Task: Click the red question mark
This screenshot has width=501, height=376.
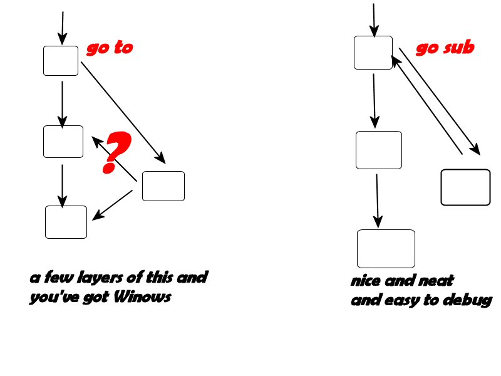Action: point(116,152)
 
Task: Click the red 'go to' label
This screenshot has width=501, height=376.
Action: point(110,48)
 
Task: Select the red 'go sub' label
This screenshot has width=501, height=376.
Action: point(445,48)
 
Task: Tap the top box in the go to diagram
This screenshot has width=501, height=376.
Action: point(61,61)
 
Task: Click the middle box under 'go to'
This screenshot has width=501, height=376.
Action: point(63,142)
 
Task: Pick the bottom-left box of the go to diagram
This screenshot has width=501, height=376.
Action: point(66,222)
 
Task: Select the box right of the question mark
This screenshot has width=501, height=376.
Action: point(163,186)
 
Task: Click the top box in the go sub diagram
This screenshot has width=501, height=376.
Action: point(373,53)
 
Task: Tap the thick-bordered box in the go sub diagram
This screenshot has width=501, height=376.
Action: point(465,187)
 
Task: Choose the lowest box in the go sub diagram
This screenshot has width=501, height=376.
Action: point(386,249)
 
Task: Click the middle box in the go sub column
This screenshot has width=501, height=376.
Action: point(378,150)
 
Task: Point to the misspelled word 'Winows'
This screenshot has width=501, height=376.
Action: point(143,298)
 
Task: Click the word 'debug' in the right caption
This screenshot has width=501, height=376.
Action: point(467,301)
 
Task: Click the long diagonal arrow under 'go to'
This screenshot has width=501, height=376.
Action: point(123,113)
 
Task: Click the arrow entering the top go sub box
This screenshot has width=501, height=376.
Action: point(374,19)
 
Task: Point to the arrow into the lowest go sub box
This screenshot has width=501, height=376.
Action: point(378,201)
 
